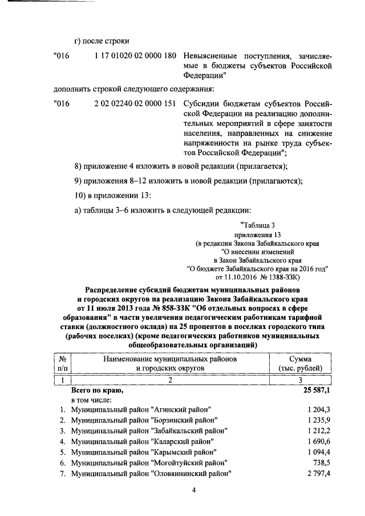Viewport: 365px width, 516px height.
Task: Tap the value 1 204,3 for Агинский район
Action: click(318, 410)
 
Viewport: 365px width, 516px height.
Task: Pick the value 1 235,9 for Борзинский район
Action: click(318, 420)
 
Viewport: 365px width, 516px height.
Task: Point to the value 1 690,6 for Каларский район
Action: click(318, 441)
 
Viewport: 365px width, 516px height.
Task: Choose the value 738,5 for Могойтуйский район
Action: click(322, 462)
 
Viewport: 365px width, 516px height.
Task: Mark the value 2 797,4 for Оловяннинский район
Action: click(318, 473)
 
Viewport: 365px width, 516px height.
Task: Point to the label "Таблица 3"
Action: click(262, 225)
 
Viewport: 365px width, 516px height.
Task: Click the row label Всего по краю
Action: click(96, 391)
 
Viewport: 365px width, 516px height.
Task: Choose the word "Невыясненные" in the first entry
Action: click(214, 56)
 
